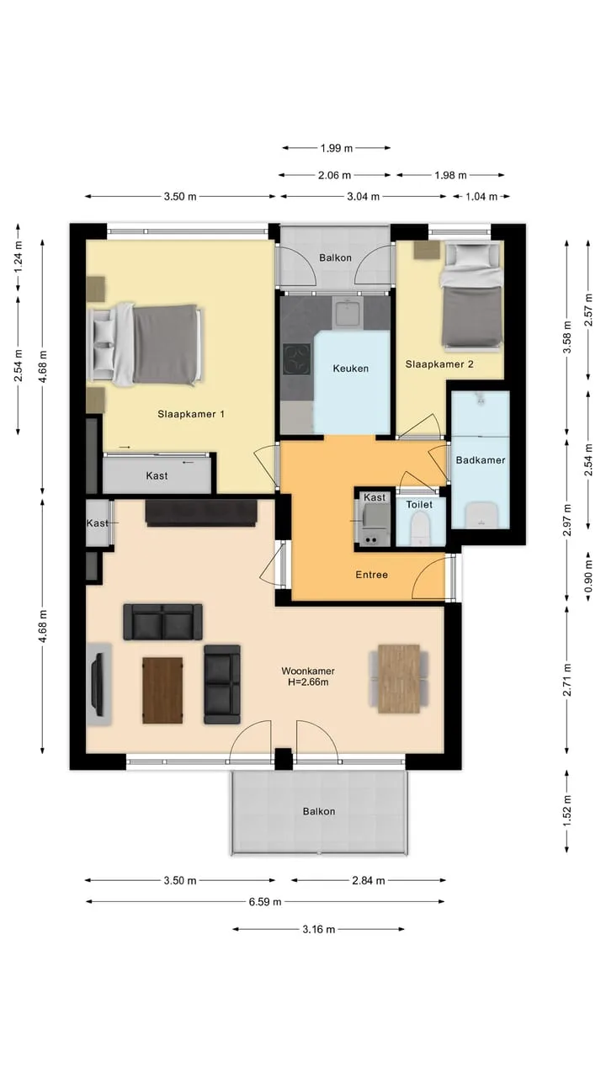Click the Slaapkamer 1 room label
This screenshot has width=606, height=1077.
tap(191, 414)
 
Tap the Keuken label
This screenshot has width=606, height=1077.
tap(351, 369)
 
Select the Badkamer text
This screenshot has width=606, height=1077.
tap(481, 460)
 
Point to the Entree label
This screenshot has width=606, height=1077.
tap(372, 575)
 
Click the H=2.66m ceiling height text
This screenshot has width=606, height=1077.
tap(308, 682)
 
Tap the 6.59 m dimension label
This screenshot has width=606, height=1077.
tap(265, 901)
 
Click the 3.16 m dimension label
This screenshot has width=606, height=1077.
tap(318, 930)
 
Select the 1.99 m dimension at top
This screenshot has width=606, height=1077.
tap(337, 148)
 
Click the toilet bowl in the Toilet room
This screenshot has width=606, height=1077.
tap(420, 528)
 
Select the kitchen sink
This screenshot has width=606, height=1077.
tap(348, 311)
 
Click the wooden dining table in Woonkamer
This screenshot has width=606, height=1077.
tap(399, 678)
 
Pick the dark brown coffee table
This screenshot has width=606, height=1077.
tap(162, 691)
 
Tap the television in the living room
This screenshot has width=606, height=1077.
tap(99, 684)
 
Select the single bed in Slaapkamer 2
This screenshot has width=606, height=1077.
tap(472, 294)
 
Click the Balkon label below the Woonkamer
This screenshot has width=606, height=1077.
tap(319, 811)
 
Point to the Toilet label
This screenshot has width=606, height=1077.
tap(419, 504)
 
